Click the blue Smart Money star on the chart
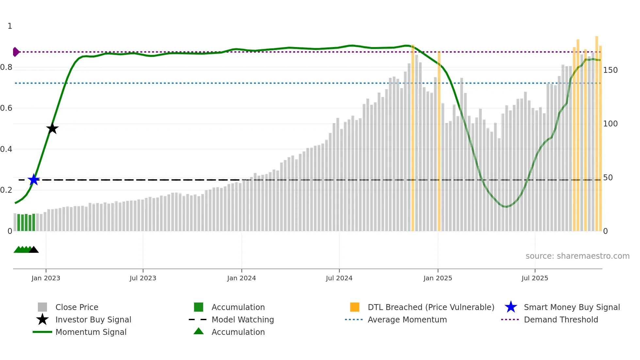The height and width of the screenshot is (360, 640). pyautogui.click(x=34, y=180)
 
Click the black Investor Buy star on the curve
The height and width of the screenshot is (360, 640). pyautogui.click(x=52, y=128)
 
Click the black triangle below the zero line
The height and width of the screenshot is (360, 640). pyautogui.click(x=34, y=250)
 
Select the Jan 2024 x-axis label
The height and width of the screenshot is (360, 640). pyautogui.click(x=241, y=278)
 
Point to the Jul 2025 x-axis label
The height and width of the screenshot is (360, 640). pyautogui.click(x=535, y=278)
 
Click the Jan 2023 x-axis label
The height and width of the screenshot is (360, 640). pyautogui.click(x=46, y=278)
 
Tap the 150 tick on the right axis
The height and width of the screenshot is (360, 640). pyautogui.click(x=610, y=70)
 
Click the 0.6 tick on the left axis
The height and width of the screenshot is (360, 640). pyautogui.click(x=6, y=108)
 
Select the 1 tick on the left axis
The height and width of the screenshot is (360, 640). pyautogui.click(x=10, y=26)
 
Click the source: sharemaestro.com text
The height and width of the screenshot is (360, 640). pyautogui.click(x=577, y=256)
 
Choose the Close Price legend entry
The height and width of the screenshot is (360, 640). pyautogui.click(x=77, y=307)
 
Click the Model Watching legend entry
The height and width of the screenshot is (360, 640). pyautogui.click(x=242, y=319)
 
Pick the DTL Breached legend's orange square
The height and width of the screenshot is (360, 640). pyautogui.click(x=355, y=307)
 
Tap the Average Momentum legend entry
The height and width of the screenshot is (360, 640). pyautogui.click(x=407, y=319)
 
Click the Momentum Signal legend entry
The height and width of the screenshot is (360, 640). pyautogui.click(x=91, y=332)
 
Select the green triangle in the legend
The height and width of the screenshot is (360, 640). pyautogui.click(x=199, y=331)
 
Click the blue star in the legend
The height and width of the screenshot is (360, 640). pyautogui.click(x=511, y=307)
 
